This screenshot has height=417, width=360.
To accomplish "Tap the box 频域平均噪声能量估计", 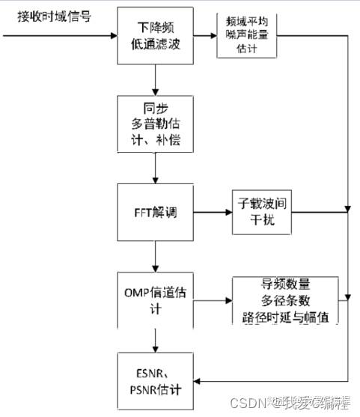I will coord(246,34).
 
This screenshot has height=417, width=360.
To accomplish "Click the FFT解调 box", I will coord(154,212).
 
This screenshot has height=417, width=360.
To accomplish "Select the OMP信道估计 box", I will coord(154,299).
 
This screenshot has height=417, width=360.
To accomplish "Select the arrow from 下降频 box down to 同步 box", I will coord(154,78).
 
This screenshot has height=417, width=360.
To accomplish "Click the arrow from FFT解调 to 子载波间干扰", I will coord(211,212).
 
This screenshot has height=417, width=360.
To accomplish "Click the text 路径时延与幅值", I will coord(285,316).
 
